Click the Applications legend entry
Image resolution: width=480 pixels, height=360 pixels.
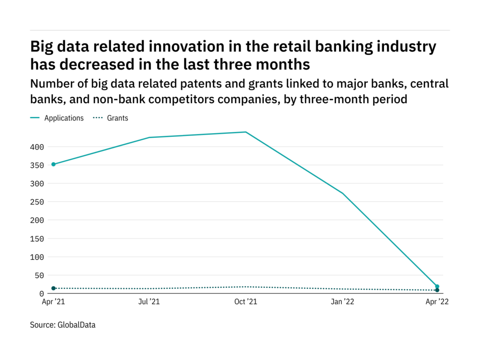tap(64, 118)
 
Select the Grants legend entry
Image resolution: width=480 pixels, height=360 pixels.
tap(118, 118)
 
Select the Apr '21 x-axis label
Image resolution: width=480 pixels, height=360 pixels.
tap(53, 302)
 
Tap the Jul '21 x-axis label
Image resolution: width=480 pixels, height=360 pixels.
tap(149, 302)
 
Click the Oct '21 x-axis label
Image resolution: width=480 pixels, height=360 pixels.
tap(246, 302)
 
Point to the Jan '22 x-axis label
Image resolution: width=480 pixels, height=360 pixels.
tap(343, 302)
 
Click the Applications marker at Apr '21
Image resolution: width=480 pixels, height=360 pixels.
tap(53, 164)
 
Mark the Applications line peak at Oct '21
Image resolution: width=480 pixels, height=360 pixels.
tap(246, 132)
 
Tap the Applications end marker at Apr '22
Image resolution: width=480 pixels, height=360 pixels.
tap(437, 286)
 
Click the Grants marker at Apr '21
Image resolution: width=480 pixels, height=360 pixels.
tap(53, 288)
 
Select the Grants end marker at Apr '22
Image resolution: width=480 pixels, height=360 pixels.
tap(437, 290)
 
